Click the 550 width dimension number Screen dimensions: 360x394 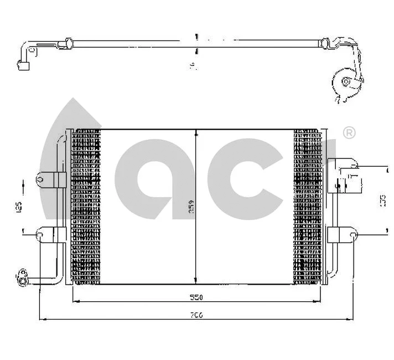(x=197, y=297)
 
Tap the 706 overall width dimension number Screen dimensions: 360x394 (x=197, y=315)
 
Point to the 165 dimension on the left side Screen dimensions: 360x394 (x=19, y=207)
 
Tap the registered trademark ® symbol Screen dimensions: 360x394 (x=349, y=133)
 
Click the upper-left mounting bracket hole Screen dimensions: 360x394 (x=41, y=179)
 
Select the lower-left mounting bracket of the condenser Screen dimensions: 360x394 (x=49, y=235)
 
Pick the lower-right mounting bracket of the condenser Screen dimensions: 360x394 (x=341, y=235)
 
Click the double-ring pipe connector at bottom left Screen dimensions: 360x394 (x=22, y=277)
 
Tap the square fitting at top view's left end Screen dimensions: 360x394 (x=24, y=67)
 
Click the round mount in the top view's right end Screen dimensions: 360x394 (x=346, y=83)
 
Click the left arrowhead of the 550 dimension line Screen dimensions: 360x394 (x=75, y=302)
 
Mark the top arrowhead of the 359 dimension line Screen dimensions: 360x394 (x=196, y=133)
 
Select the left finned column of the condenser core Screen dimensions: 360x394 (x=86, y=207)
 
